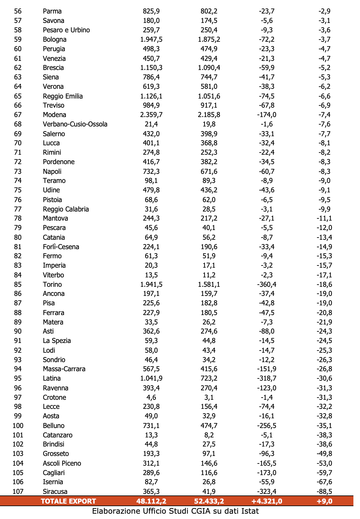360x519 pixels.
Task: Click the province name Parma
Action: point(52,11)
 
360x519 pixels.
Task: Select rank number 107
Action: point(18,491)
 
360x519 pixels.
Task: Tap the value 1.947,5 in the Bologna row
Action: point(151,40)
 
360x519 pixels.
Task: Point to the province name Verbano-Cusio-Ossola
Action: point(75,124)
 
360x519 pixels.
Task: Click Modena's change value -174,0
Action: point(267,115)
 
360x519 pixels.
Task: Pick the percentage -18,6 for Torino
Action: point(324,285)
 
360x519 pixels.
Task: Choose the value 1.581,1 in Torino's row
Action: point(209,285)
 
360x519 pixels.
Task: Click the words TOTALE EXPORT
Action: point(68,501)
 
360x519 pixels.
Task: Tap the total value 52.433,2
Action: point(209,501)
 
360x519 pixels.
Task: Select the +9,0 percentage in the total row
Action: point(324,501)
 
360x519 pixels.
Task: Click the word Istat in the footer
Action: point(250,511)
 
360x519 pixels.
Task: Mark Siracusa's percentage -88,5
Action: point(324,491)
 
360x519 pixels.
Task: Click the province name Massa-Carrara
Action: point(64,369)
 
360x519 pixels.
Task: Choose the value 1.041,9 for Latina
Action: point(151,378)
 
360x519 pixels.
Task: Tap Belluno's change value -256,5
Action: point(267,426)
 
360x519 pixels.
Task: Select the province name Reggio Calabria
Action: point(66,209)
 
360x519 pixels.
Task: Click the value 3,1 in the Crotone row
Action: point(209,398)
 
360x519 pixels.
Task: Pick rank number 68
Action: point(18,124)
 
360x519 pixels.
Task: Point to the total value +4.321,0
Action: point(267,501)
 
